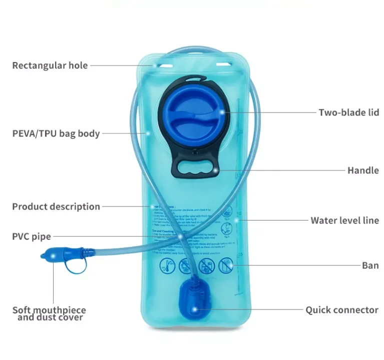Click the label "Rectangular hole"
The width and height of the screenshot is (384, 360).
click(x=50, y=65)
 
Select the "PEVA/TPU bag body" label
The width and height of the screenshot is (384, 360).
click(x=56, y=133)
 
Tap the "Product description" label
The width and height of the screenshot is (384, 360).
click(x=56, y=206)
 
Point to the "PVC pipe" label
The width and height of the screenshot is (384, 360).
click(x=32, y=236)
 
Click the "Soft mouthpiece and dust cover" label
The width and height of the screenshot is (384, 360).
click(x=49, y=313)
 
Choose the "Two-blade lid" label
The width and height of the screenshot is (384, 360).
click(x=348, y=112)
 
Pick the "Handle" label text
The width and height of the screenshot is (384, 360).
click(x=362, y=170)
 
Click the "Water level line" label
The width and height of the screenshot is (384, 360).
click(x=344, y=220)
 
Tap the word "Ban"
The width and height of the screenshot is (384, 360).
click(x=370, y=265)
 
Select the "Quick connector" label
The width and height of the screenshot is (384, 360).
click(x=342, y=310)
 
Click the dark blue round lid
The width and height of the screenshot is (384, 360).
click(x=192, y=115)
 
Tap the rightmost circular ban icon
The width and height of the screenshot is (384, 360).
click(x=226, y=264)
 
